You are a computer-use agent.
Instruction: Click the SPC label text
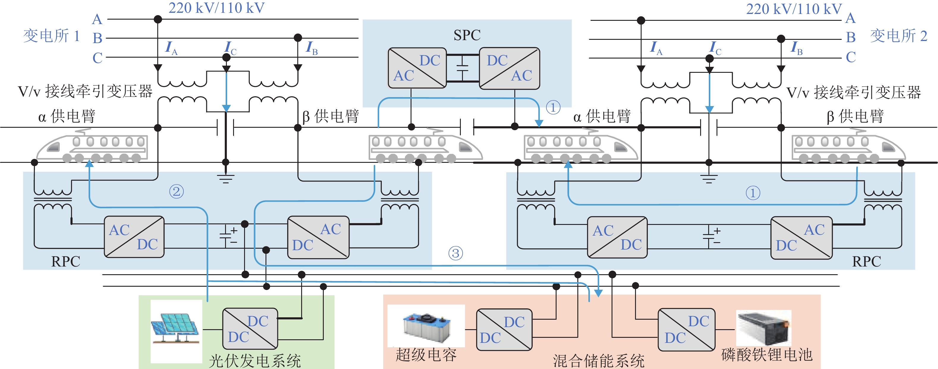coord(467,35)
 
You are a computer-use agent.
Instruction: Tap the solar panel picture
coord(175,329)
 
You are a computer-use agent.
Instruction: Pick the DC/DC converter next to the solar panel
coord(250,329)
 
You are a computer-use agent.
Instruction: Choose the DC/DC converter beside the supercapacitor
coord(504,330)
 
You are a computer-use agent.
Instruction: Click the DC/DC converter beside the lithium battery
coord(687,329)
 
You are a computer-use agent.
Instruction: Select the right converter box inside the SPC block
coord(509,68)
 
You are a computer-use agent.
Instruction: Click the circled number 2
coord(177,191)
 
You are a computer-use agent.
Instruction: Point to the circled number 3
coord(455,253)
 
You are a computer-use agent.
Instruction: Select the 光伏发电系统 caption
coord(255,361)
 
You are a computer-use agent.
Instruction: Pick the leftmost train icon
coord(93,147)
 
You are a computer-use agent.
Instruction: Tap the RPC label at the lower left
coord(65,261)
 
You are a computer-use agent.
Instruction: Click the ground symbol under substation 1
coord(226,178)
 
